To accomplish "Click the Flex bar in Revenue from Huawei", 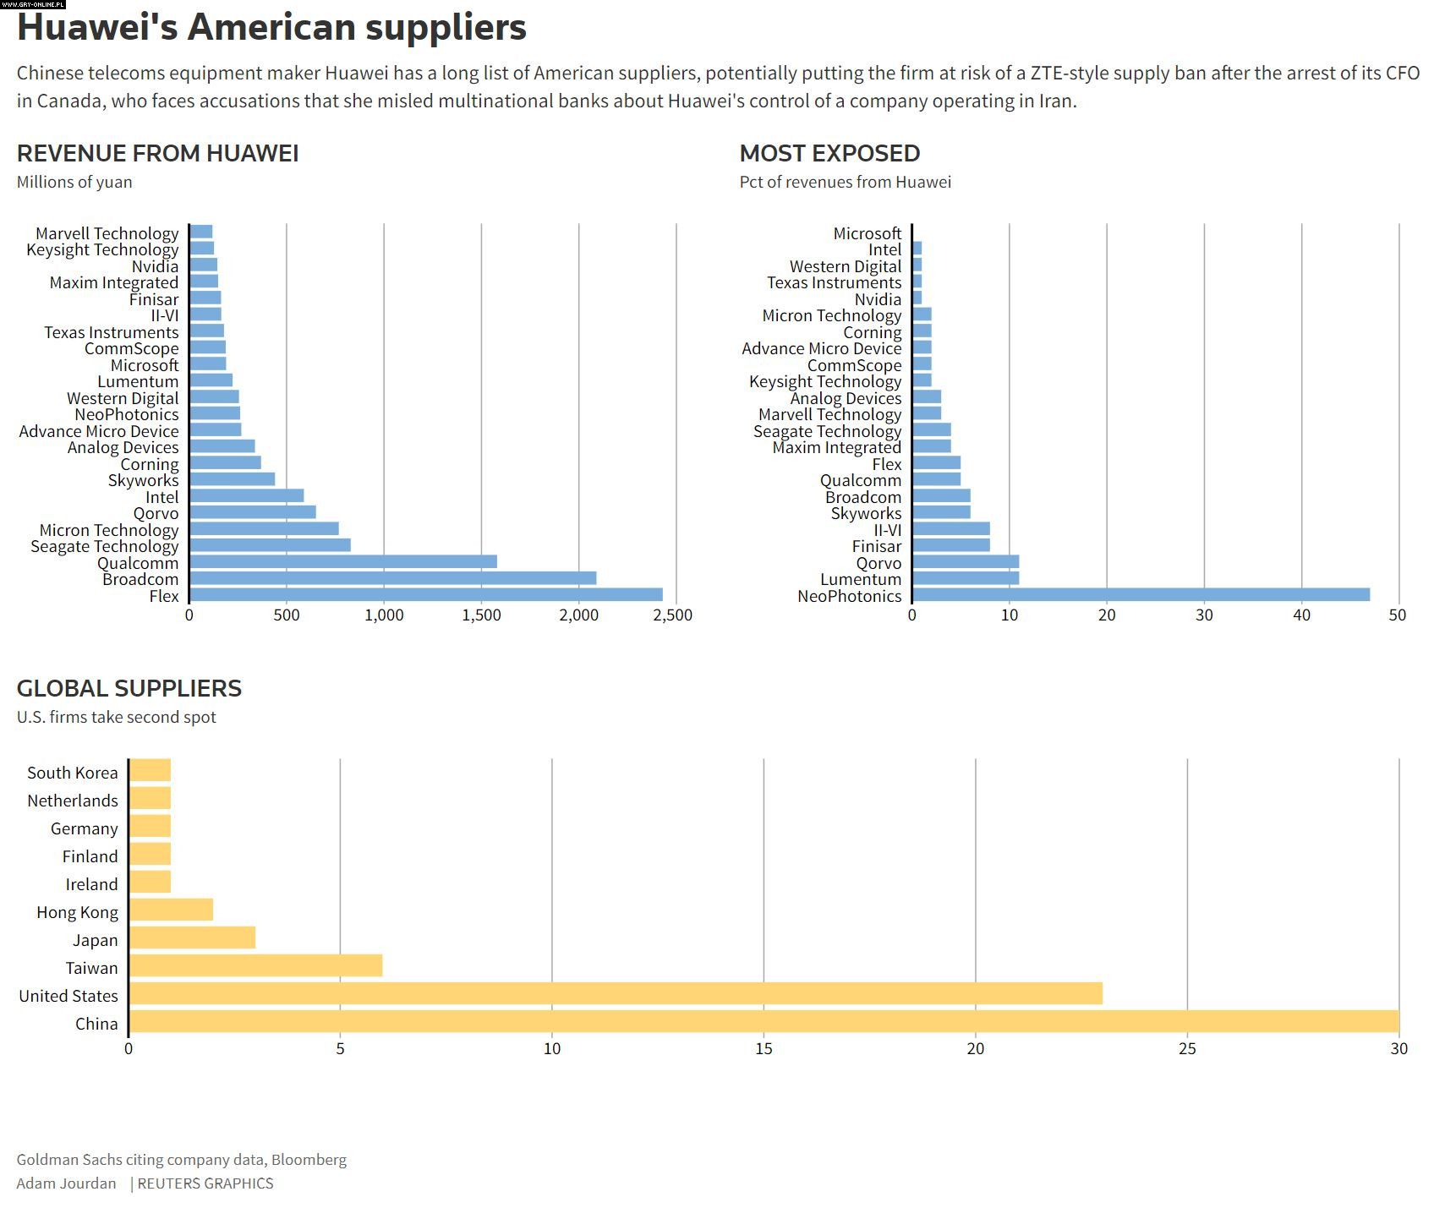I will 425,595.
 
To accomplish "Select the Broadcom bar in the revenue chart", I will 392,578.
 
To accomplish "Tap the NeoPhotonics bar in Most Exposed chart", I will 1141,595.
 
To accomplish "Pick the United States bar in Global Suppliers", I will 616,994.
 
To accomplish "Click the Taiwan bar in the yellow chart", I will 255,966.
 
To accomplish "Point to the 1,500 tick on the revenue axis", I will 481,615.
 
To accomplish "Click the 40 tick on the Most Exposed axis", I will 1301,615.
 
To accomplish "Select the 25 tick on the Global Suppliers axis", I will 1187,1049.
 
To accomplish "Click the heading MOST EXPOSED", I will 829,153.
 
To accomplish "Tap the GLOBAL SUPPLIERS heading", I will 129,688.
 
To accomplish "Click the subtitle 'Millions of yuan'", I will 74,182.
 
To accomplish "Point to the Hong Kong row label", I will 77,912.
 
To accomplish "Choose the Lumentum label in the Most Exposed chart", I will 861,579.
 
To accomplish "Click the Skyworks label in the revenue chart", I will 144,480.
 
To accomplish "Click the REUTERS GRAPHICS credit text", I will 205,1183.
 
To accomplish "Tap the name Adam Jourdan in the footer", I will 66,1183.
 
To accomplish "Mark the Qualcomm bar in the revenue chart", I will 343,562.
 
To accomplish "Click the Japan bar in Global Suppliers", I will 192,938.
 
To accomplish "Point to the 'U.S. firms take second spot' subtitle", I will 117,718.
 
